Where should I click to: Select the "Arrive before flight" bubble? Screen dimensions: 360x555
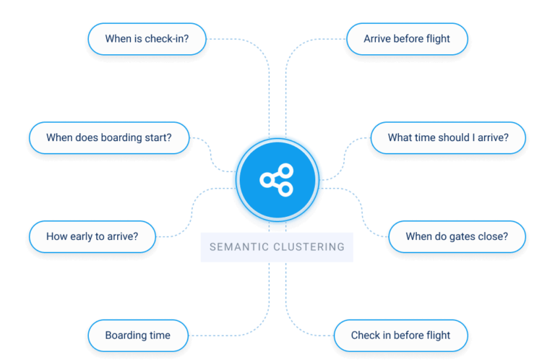pos(407,39)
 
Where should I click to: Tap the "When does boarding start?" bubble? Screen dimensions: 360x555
pos(108,137)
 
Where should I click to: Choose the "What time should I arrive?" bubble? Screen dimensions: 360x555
pos(448,137)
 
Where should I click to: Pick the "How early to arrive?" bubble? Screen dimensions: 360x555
pos(92,236)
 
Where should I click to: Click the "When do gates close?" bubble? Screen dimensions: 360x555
pos(456,236)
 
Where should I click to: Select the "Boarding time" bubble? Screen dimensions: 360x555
pos(137,335)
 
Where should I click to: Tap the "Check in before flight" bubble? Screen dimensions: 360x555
pos(400,335)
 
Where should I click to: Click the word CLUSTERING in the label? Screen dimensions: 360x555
pos(309,247)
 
